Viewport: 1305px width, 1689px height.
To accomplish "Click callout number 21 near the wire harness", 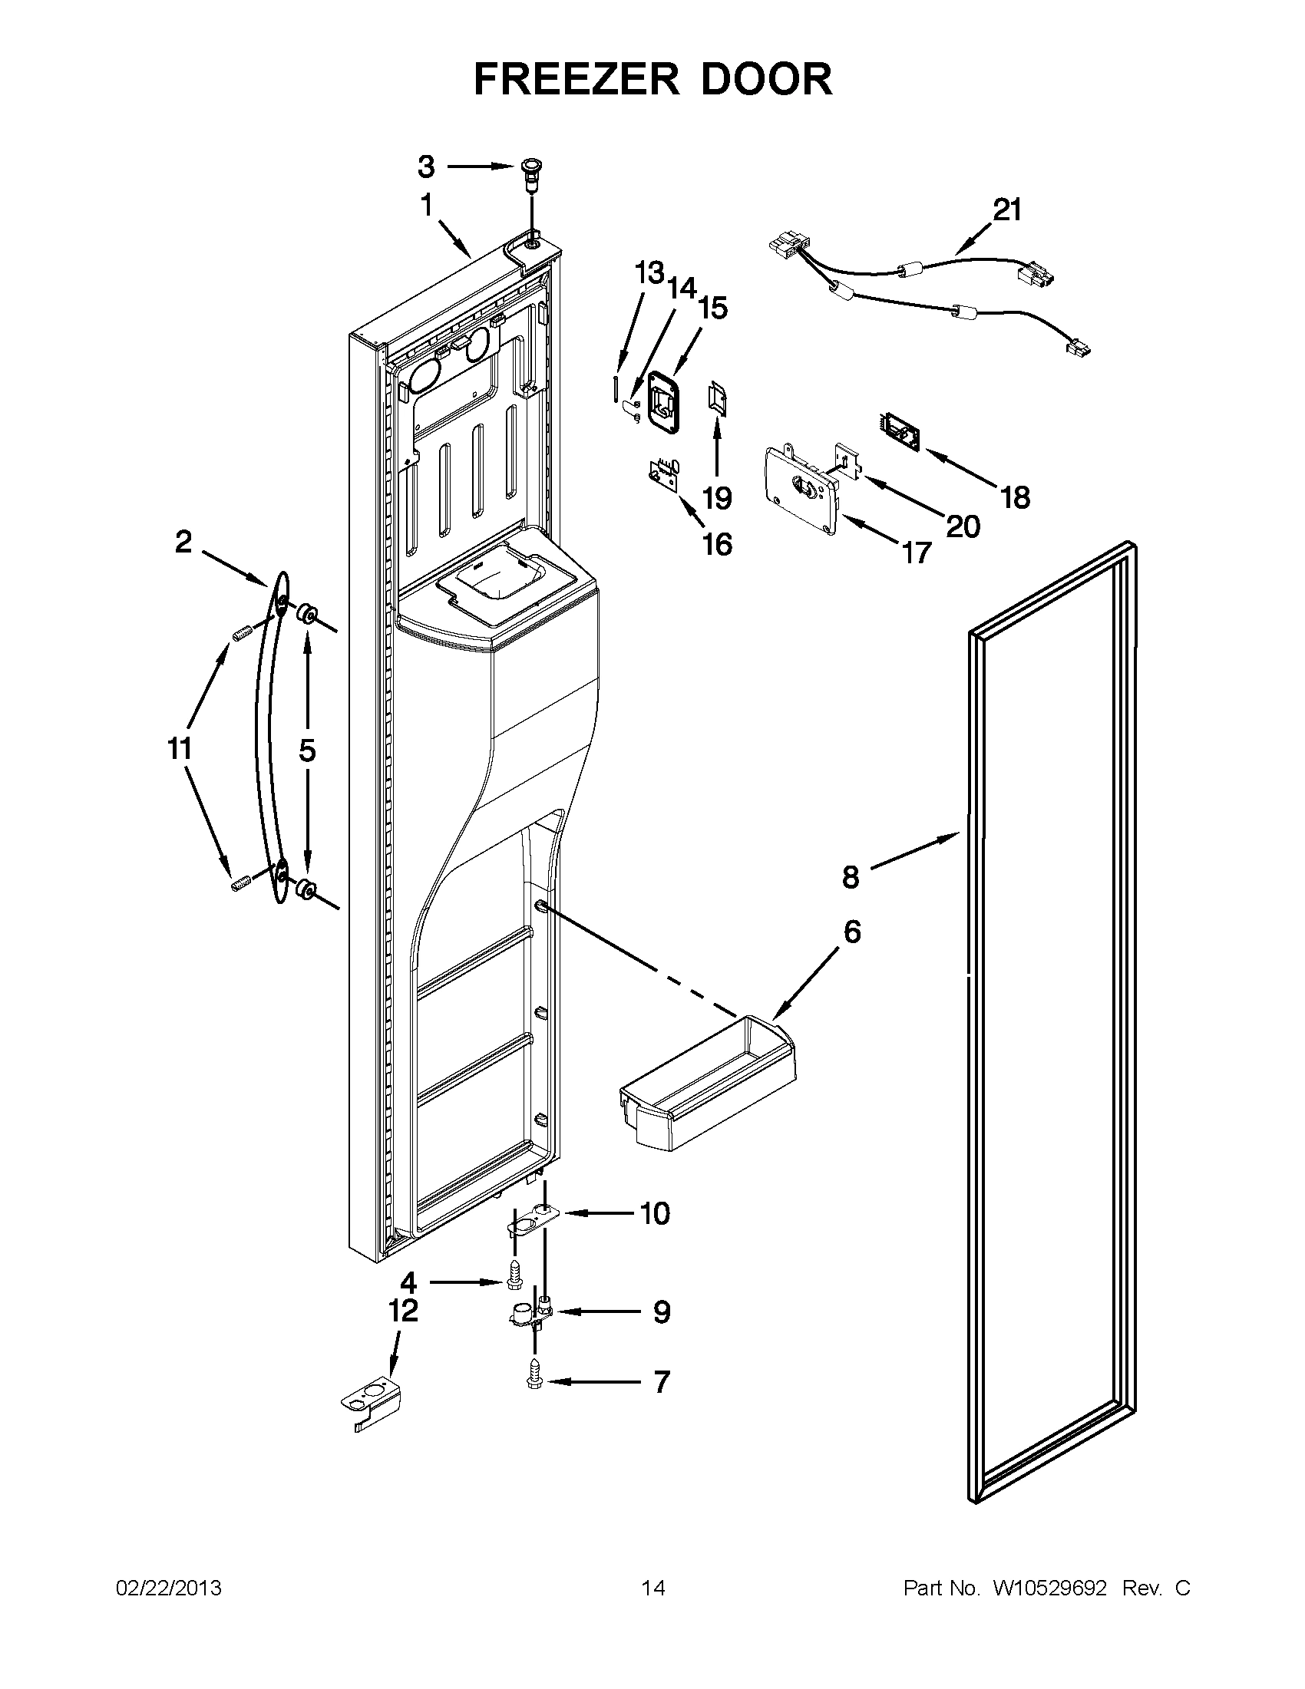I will tap(1006, 210).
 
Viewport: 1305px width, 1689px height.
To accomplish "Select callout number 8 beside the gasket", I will tap(850, 877).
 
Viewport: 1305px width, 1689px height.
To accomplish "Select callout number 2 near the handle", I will tap(183, 542).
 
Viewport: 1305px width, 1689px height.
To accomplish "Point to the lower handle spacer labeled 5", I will tap(306, 891).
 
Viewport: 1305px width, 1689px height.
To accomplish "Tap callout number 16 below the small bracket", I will tap(717, 544).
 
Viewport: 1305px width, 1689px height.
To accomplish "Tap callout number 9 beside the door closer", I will tap(661, 1311).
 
